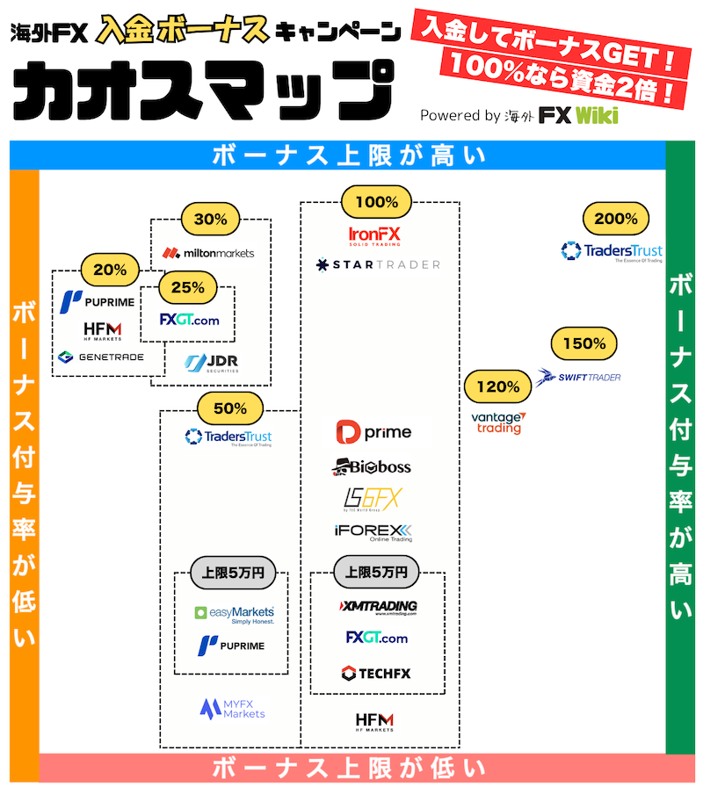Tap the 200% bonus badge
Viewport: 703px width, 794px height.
point(616,219)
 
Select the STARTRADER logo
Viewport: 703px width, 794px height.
point(378,264)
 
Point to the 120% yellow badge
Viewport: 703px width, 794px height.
point(498,386)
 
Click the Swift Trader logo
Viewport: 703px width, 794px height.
point(579,377)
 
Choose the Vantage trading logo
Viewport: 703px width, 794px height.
point(498,422)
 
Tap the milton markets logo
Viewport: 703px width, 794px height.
point(209,253)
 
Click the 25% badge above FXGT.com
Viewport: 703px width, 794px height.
point(188,287)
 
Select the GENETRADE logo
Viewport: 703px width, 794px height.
point(100,357)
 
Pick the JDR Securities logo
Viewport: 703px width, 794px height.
point(211,363)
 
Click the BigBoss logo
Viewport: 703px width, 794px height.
point(372,466)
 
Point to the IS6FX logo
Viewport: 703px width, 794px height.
point(372,499)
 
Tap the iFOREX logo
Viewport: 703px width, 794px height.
point(373,532)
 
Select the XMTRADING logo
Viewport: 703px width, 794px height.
point(377,607)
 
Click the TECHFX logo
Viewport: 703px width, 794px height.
point(376,674)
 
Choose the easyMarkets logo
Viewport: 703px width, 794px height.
point(234,614)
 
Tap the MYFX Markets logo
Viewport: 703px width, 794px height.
point(232,709)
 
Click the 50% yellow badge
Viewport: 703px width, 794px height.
point(230,408)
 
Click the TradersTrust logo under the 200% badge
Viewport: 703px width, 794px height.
point(612,252)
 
